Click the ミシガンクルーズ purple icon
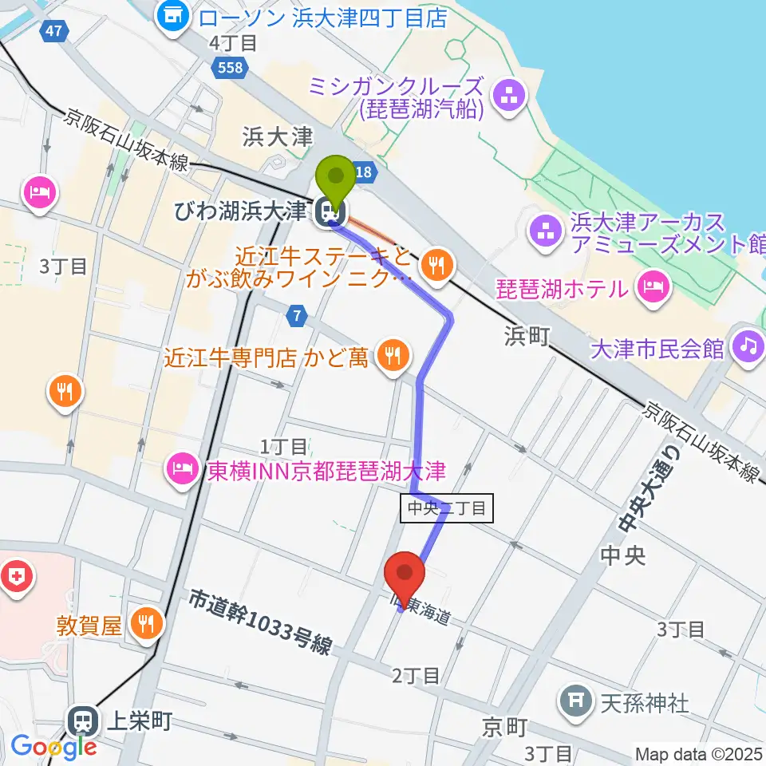click(x=507, y=98)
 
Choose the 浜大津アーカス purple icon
click(x=547, y=233)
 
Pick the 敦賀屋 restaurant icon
click(x=145, y=623)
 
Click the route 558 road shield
click(x=229, y=69)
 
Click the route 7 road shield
click(x=297, y=317)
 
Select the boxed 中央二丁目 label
click(x=447, y=508)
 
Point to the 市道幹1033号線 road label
click(x=260, y=622)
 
